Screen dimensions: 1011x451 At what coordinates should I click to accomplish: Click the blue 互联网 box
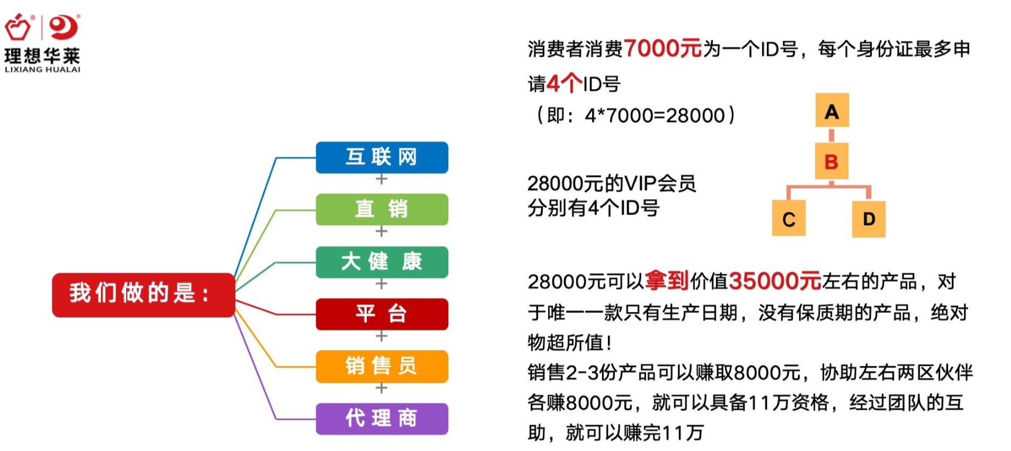(x=382, y=157)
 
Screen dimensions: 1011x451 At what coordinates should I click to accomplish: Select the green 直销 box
(x=382, y=209)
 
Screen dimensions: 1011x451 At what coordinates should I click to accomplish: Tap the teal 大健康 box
(x=382, y=262)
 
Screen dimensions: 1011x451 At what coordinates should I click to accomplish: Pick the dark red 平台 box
(x=382, y=314)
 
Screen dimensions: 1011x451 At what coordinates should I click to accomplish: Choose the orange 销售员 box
(x=382, y=366)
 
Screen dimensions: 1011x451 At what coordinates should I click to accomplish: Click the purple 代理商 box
(x=382, y=418)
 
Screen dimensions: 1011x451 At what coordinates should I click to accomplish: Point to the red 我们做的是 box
(x=143, y=294)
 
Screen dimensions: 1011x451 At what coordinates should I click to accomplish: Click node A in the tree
(x=832, y=110)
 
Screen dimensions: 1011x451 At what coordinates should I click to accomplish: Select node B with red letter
(x=831, y=161)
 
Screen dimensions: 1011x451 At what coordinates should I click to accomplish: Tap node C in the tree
(x=789, y=218)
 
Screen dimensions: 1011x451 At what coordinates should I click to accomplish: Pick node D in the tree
(x=869, y=218)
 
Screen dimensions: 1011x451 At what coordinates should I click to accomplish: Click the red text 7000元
(x=662, y=48)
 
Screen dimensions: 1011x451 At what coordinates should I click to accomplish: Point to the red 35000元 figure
(x=775, y=282)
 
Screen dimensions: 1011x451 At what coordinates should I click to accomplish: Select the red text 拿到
(x=667, y=281)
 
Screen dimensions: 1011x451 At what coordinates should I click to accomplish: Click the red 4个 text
(x=564, y=83)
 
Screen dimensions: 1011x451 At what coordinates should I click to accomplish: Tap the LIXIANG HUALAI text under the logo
(x=42, y=69)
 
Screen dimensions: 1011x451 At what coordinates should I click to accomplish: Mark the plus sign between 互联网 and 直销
(x=381, y=179)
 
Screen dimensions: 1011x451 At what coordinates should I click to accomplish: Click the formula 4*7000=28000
(x=655, y=116)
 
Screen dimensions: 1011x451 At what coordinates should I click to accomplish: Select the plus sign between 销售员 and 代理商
(x=381, y=388)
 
